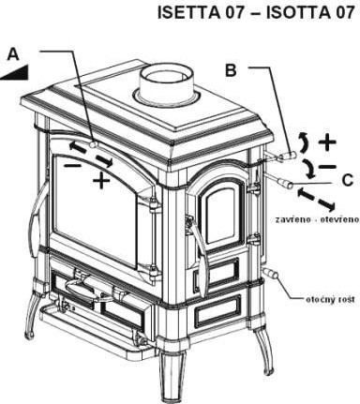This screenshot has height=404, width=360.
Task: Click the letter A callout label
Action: coord(13,54)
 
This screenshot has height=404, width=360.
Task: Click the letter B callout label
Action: coord(231,70)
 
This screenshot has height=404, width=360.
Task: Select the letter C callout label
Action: coord(347,180)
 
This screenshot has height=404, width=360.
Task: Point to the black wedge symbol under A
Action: coord(15,72)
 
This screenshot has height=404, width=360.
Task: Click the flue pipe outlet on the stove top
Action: coord(167,85)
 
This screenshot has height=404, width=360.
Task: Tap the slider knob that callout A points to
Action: coord(93,144)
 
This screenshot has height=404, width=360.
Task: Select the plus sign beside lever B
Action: coord(327,142)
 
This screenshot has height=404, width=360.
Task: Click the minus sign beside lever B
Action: coord(327,167)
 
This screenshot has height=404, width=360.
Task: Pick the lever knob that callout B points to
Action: coord(290,155)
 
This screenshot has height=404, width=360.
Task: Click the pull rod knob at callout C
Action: coord(286,184)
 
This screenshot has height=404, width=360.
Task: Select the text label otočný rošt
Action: coord(330,299)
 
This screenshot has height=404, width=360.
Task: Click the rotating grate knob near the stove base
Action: coord(271,274)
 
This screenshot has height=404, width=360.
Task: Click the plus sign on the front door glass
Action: coord(101,180)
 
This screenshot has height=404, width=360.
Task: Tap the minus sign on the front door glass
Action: coord(71,165)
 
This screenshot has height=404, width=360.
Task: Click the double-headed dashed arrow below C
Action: coord(316,200)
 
